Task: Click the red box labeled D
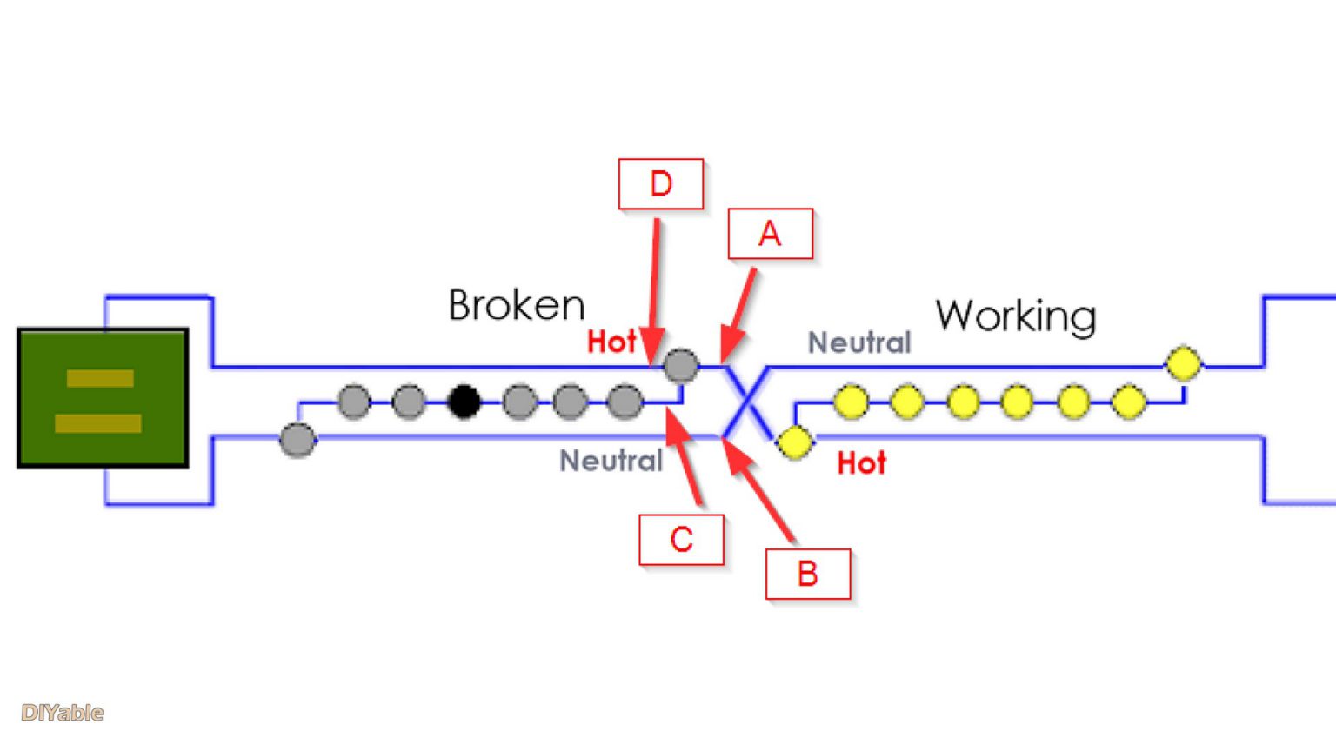pos(660,184)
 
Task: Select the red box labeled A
pos(770,234)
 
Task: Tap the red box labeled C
pos(681,540)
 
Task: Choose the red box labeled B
pos(807,574)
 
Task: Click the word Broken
pos(517,305)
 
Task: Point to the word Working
pos(1015,316)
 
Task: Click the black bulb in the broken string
pos(464,402)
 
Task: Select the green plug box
pos(104,398)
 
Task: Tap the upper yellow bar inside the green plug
pos(100,378)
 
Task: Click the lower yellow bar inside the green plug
pos(97,423)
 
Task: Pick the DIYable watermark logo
pos(62,713)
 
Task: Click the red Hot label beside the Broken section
pos(611,342)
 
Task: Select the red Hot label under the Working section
pos(861,463)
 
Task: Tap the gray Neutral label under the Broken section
pos(611,461)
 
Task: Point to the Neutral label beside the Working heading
pos(858,342)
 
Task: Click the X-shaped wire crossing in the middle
pos(747,402)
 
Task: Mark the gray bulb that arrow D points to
pos(680,366)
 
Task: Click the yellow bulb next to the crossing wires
pos(794,442)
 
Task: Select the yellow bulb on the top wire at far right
pos(1183,363)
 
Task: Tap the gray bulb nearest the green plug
pos(297,440)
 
